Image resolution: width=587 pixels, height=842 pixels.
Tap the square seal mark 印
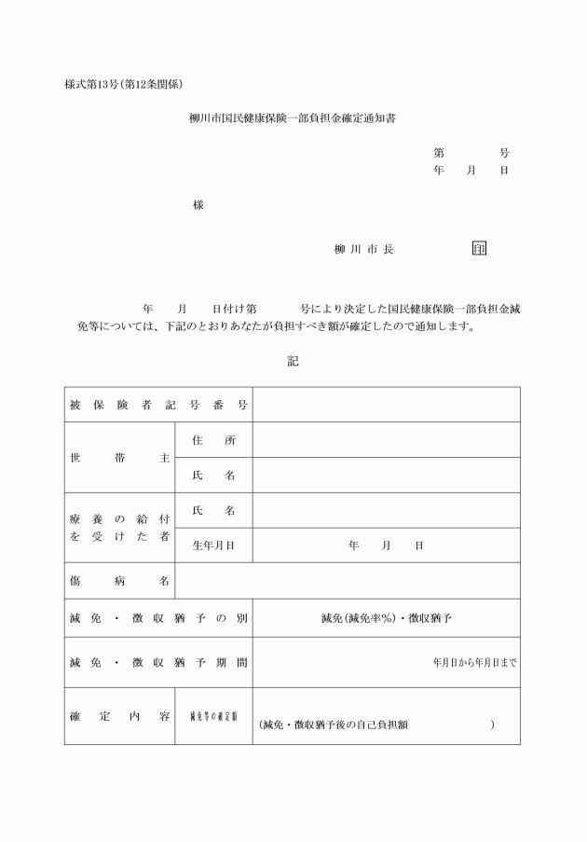(479, 249)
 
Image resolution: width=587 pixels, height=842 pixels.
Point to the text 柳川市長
(363, 250)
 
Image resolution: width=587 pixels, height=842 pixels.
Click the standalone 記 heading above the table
(293, 361)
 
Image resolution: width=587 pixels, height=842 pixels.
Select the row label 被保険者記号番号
(158, 405)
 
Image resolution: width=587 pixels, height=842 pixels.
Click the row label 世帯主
(120, 458)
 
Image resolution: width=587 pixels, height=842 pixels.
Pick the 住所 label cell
(213, 440)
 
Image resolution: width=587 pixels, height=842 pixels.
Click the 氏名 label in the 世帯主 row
(213, 476)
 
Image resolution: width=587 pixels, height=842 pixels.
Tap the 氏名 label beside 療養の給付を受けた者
(213, 511)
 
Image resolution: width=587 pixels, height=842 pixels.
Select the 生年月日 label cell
(213, 545)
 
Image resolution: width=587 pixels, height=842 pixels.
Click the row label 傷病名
(120, 581)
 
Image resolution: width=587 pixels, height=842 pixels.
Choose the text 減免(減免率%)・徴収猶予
(386, 617)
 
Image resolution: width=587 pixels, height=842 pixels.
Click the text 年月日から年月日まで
(474, 663)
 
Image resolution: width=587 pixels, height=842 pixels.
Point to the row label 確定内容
(120, 716)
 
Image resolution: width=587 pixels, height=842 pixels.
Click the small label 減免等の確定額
(213, 716)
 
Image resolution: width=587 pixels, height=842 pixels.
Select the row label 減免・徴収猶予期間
(158, 663)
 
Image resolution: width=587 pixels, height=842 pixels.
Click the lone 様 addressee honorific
(198, 205)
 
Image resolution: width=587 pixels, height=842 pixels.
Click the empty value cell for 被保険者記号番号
(386, 405)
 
